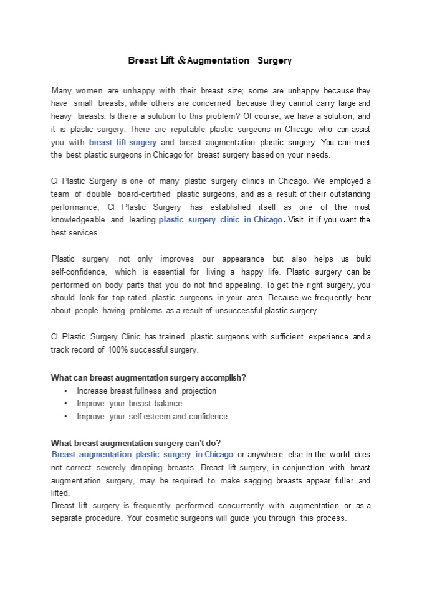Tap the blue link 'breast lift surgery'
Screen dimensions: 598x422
coord(123,142)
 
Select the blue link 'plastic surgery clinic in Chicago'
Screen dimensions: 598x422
coord(221,220)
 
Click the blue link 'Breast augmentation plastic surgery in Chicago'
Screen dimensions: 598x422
coord(142,455)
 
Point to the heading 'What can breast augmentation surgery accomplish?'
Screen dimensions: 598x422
coord(148,377)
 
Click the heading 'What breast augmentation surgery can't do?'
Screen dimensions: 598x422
coord(135,443)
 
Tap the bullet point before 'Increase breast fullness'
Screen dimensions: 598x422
coord(66,391)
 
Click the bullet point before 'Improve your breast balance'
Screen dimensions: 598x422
coord(66,404)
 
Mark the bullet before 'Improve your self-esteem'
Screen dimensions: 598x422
coord(66,416)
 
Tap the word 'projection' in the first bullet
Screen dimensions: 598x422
coord(199,391)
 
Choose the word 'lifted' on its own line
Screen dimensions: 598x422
coord(61,493)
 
